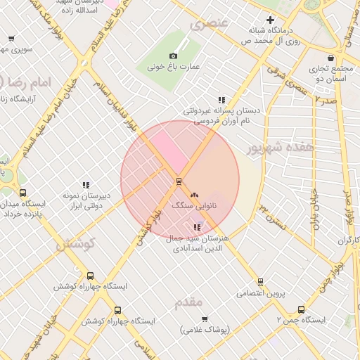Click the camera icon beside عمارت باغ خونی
click(174, 56)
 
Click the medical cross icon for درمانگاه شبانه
click(270, 20)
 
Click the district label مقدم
click(188, 302)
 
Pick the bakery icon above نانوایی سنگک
click(194, 195)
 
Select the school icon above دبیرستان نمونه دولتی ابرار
click(86, 185)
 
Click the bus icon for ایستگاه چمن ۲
click(302, 309)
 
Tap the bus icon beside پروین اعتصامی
click(261, 282)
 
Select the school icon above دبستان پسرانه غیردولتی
click(221, 100)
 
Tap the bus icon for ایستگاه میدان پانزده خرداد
click(23, 193)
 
